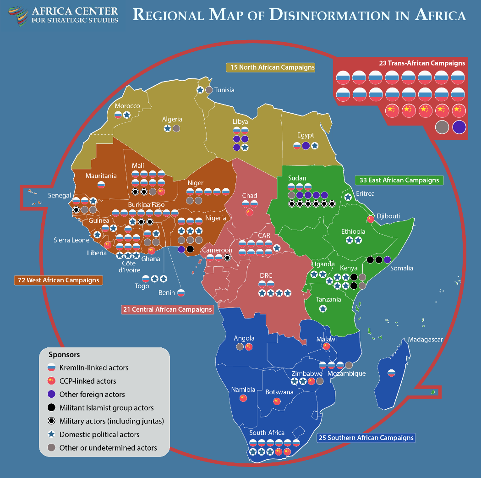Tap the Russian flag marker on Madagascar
391,373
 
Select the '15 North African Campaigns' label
271,67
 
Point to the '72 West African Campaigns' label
59,280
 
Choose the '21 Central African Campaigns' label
168,309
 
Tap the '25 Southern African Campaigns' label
366,438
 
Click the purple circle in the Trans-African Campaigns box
459,127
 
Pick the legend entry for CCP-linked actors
87,381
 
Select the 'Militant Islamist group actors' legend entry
106,407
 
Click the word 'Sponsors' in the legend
64,355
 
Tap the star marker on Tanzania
323,309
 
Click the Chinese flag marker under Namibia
243,398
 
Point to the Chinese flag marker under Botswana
277,401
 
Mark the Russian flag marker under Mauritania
101,185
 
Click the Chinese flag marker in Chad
249,212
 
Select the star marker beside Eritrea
348,197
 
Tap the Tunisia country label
224,90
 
